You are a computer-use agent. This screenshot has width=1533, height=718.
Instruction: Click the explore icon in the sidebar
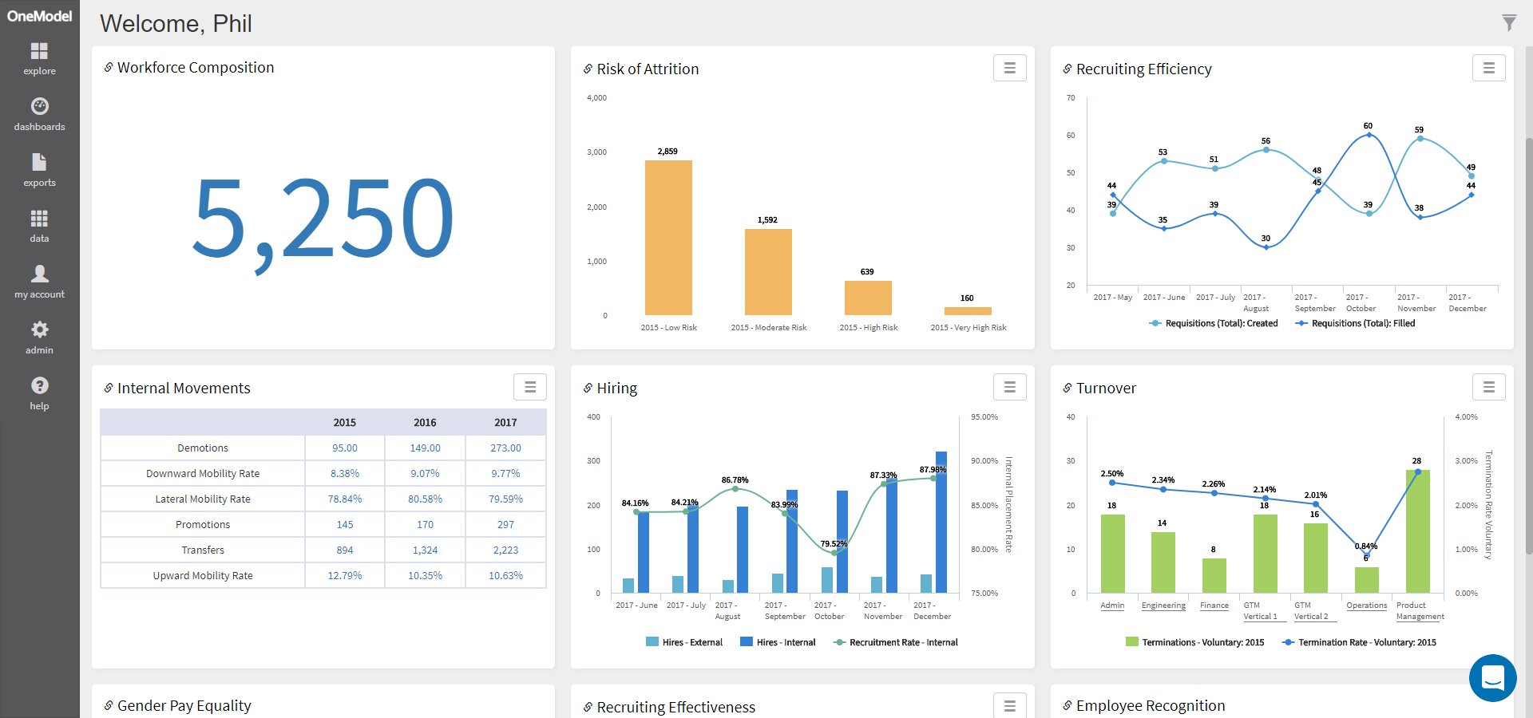click(x=39, y=52)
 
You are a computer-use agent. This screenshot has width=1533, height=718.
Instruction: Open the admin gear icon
click(x=39, y=329)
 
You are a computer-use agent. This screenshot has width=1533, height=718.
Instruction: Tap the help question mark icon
click(x=39, y=386)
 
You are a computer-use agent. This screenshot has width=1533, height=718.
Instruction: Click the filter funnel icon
click(x=1508, y=23)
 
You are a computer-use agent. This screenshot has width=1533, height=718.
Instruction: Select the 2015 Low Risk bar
click(x=668, y=238)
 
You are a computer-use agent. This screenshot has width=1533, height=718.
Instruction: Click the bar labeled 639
click(x=868, y=298)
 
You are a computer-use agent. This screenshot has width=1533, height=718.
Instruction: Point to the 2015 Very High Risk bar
click(x=968, y=311)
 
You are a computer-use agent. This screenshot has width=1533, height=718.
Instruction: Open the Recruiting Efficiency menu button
click(x=1488, y=69)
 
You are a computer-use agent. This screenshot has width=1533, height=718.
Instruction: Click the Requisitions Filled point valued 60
click(x=1369, y=135)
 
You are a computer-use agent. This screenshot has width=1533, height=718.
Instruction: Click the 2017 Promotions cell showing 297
click(x=505, y=525)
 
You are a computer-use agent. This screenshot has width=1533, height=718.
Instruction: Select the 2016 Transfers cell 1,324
click(x=425, y=550)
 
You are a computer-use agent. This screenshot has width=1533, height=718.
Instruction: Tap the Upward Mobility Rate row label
click(x=203, y=576)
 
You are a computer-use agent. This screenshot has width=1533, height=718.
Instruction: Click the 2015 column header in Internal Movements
click(x=345, y=423)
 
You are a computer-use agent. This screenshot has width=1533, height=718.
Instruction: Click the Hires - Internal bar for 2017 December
click(x=941, y=523)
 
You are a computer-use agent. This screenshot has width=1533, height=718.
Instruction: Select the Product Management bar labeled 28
click(x=1417, y=531)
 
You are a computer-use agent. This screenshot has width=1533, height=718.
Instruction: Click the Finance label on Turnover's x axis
click(x=1214, y=606)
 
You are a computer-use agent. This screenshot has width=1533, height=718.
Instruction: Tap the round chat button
click(x=1492, y=678)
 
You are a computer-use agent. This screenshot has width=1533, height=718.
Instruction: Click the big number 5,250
click(x=323, y=219)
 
